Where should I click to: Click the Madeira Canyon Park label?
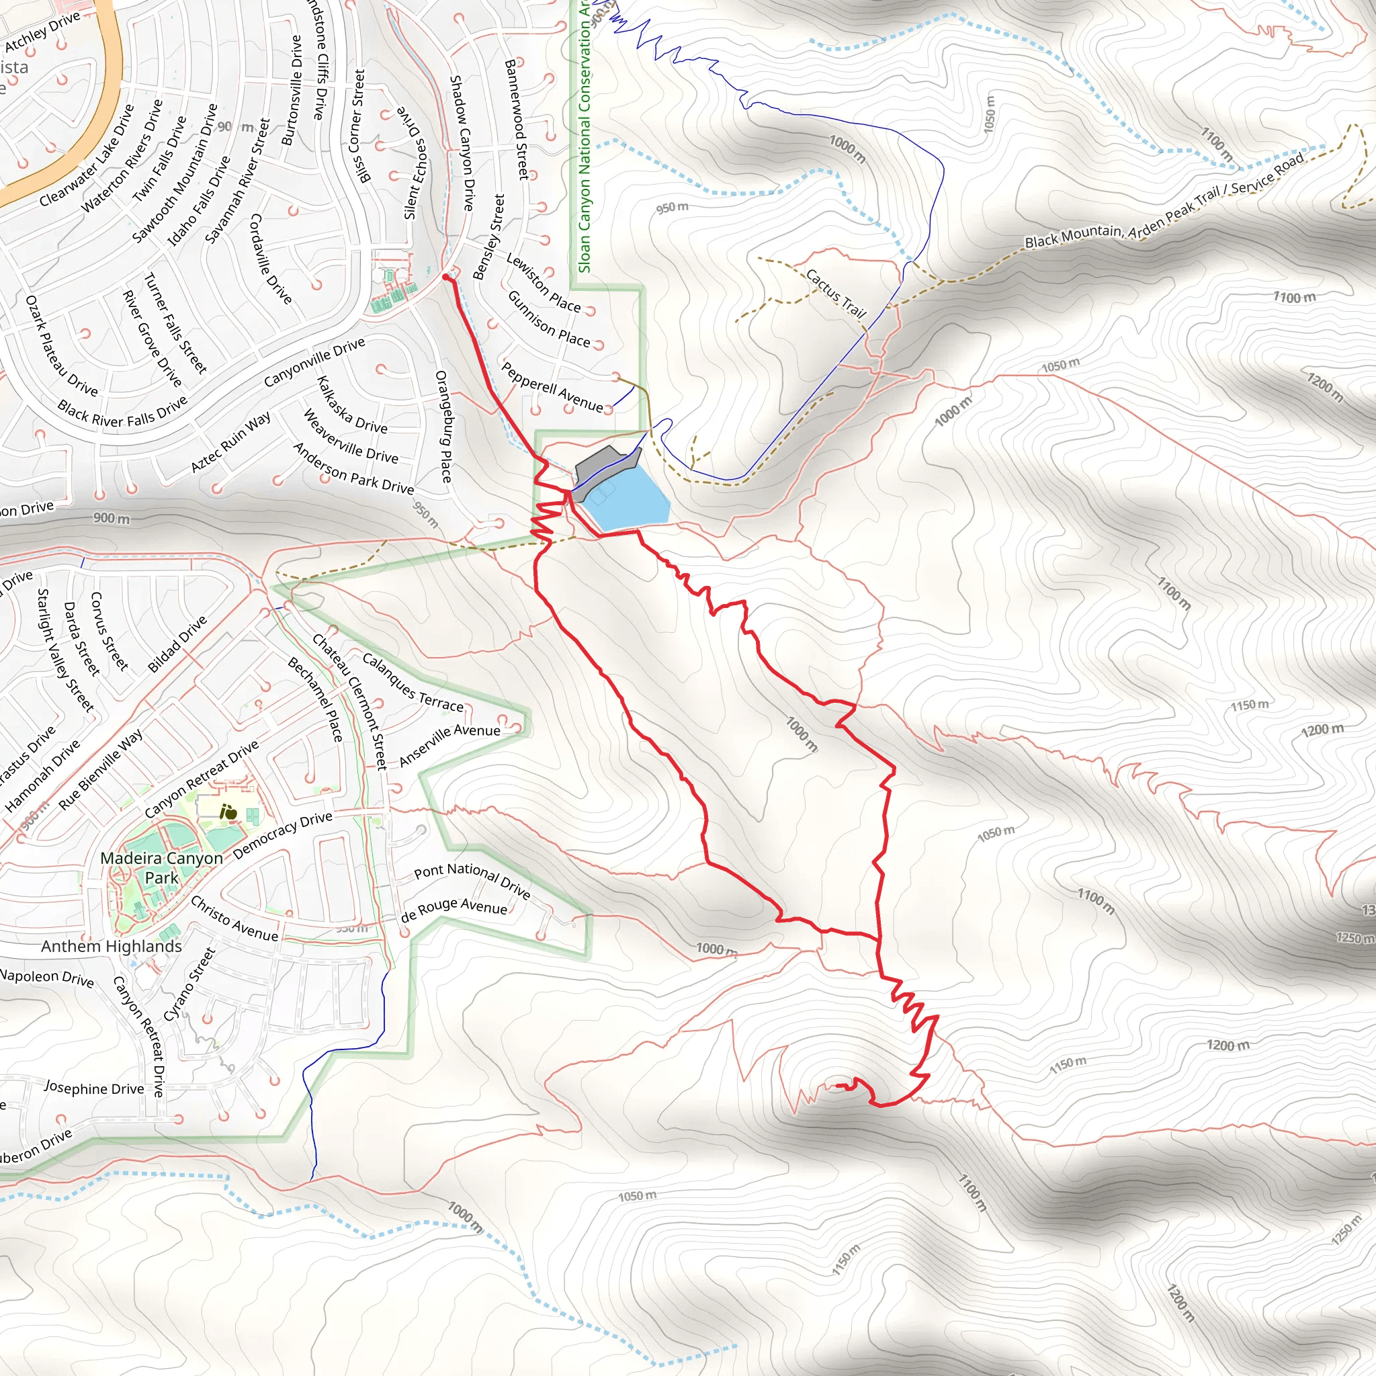(x=162, y=867)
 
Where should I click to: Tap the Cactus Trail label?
(x=835, y=294)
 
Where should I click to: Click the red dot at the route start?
(x=446, y=277)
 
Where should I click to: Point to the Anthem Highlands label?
(x=111, y=946)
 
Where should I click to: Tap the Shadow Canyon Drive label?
(x=462, y=142)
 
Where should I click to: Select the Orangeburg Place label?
(x=443, y=426)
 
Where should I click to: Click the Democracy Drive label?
(x=282, y=834)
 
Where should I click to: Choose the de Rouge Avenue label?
(x=454, y=910)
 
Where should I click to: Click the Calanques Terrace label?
(x=413, y=681)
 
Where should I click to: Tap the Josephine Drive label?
(x=94, y=1088)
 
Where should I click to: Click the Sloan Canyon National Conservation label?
(x=585, y=135)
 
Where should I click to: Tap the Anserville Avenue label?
(x=449, y=744)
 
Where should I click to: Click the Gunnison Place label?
(x=548, y=319)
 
